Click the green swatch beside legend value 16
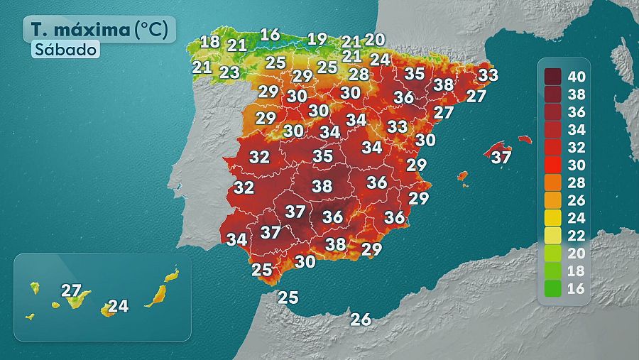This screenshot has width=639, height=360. [x=552, y=288]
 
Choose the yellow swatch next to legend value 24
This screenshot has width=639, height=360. [x=552, y=218]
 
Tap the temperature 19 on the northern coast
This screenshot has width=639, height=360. [x=317, y=39]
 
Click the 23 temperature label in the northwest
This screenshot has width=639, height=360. [x=229, y=72]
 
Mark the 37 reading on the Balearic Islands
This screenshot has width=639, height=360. [x=501, y=157]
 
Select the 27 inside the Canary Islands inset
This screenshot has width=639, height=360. [x=71, y=290]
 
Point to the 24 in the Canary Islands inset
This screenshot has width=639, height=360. [x=119, y=306]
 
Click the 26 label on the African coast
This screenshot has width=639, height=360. [x=361, y=319]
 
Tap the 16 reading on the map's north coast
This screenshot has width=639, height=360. [x=270, y=34]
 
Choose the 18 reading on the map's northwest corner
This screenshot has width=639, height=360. [x=209, y=41]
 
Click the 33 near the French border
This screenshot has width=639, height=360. [x=488, y=75]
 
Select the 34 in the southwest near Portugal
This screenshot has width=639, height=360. [x=236, y=239]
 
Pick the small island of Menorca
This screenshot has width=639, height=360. [x=525, y=139]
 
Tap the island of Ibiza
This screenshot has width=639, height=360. [x=462, y=175]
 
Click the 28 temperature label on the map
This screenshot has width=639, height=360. [x=359, y=74]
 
